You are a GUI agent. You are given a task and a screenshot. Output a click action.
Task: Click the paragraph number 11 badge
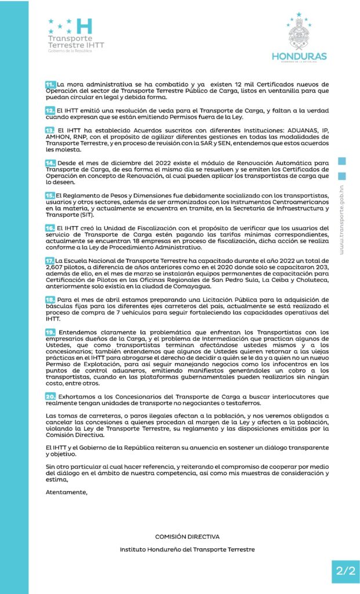point(50,85)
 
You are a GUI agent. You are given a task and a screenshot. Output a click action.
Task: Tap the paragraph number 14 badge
point(50,164)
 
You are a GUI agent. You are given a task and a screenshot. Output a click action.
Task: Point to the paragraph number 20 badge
point(50,396)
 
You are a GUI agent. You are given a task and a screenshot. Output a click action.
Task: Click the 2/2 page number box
point(345,570)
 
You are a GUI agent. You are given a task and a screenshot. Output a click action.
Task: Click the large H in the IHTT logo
point(85,26)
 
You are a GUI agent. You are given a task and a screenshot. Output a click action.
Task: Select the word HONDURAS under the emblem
point(299,56)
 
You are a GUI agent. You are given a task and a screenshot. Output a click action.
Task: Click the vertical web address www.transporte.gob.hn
point(342,220)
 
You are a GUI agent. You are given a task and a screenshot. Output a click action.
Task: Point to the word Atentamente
point(67,492)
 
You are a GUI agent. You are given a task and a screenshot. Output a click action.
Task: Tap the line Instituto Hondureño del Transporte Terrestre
point(187,549)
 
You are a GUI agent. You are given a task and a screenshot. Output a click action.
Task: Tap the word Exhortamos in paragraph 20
point(76,396)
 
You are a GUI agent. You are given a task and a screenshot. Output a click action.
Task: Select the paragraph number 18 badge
point(50,298)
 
